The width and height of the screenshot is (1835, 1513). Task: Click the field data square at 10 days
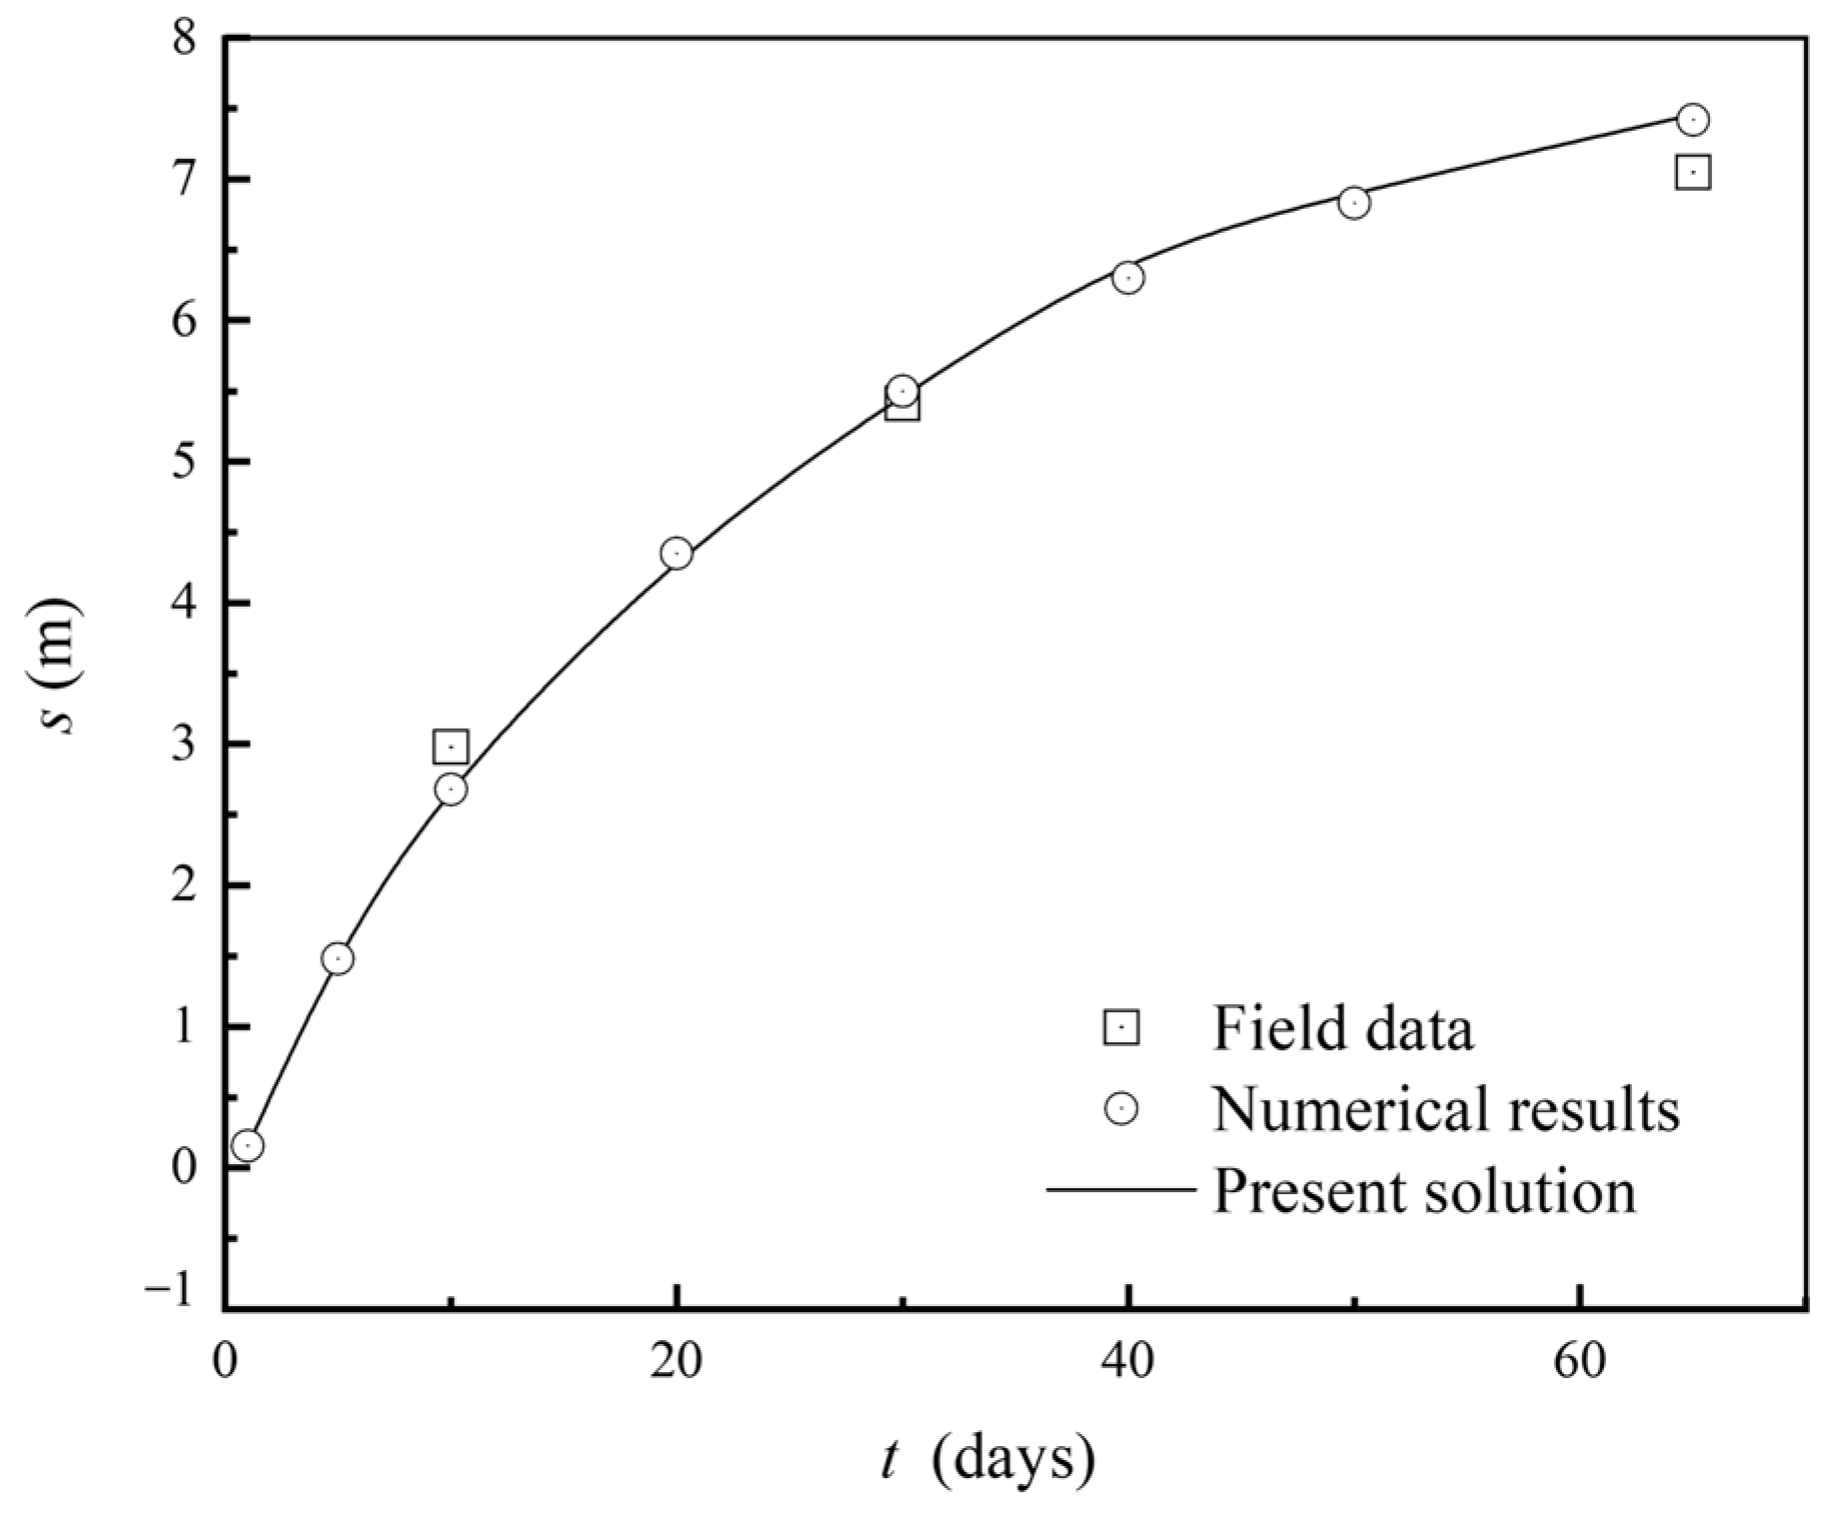point(451,747)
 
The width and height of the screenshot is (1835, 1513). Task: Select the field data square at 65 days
point(1692,172)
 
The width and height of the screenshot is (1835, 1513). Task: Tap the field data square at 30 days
point(903,407)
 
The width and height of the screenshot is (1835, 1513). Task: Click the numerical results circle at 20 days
point(677,554)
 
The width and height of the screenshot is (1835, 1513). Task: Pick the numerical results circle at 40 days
point(1128,278)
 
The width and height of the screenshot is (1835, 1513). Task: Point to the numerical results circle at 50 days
point(1353,203)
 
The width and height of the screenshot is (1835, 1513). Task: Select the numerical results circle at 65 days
point(1692,119)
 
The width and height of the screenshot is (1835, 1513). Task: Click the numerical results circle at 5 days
point(338,958)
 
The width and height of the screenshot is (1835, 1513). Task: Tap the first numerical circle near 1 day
point(248,1145)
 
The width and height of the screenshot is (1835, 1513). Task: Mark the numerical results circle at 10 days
point(451,789)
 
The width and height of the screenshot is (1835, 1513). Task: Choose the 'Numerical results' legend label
point(1445,1108)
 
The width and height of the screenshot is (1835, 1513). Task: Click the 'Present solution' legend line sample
point(1120,1190)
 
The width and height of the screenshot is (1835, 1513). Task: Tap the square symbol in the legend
point(1120,1026)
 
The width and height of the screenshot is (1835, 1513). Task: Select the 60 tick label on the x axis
point(1578,1362)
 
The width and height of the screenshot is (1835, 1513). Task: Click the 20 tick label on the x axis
point(677,1362)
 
